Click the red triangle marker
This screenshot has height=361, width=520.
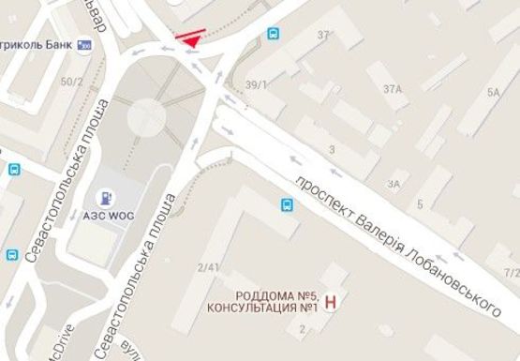[191, 39]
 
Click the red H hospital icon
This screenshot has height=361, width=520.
[330, 302]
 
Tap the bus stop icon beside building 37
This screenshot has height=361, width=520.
[274, 34]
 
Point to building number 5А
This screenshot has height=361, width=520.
[493, 92]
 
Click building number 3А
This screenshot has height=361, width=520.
[394, 184]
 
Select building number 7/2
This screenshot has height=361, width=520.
[512, 273]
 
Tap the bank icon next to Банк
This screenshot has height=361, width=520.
[86, 45]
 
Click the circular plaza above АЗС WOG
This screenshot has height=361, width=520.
[146, 116]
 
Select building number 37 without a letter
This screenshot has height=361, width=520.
[324, 36]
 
